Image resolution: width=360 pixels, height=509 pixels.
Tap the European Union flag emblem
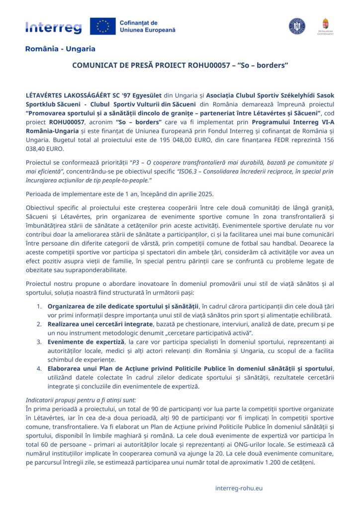[x=102, y=26]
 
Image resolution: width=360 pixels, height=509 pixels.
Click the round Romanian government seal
[x=297, y=26]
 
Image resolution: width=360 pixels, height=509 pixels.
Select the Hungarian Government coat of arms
[x=325, y=24]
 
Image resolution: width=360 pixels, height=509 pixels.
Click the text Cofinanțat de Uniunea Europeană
[x=147, y=26]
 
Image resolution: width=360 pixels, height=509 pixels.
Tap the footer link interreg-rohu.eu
[x=239, y=488]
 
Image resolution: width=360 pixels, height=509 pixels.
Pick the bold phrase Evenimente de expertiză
[x=86, y=342]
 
